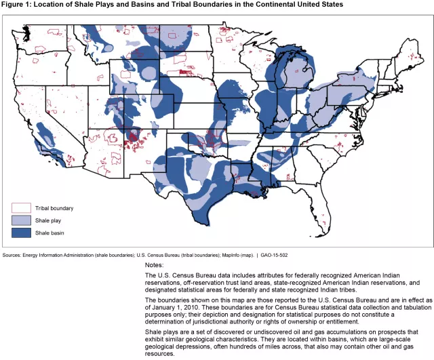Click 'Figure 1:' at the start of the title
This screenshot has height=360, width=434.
pyautogui.click(x=17, y=5)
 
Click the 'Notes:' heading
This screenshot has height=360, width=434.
pyautogui.click(x=155, y=264)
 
